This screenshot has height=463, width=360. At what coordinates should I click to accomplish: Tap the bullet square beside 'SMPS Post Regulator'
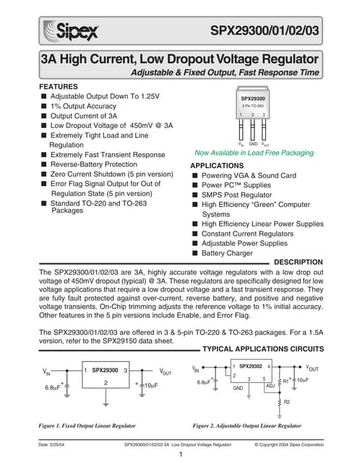coord(195,195)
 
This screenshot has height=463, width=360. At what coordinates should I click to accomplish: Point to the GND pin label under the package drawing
coord(253,145)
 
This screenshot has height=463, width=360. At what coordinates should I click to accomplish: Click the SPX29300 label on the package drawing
coord(253,98)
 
